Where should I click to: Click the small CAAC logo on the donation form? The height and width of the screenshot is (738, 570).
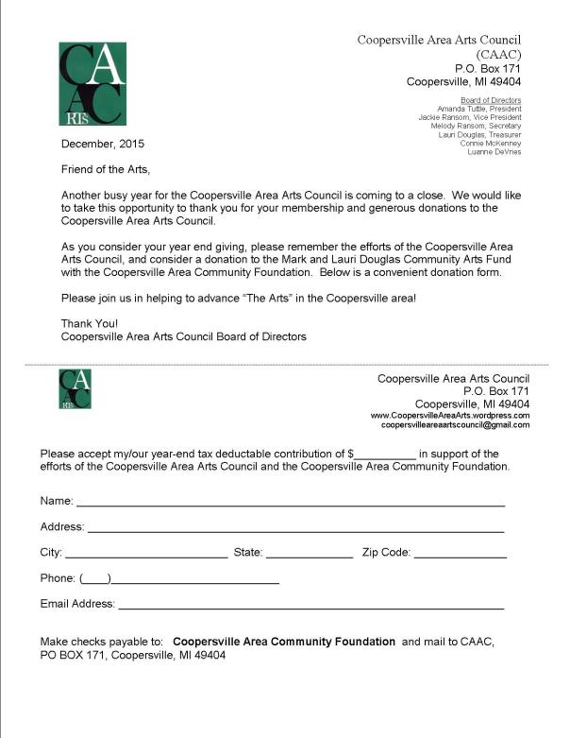75,388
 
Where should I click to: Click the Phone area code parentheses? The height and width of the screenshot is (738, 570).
96,578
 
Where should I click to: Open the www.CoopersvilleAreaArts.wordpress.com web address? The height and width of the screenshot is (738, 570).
449,415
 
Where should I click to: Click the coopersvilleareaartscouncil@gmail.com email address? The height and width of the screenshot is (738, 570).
455,425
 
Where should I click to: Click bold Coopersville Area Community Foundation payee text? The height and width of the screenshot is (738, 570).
284,642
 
